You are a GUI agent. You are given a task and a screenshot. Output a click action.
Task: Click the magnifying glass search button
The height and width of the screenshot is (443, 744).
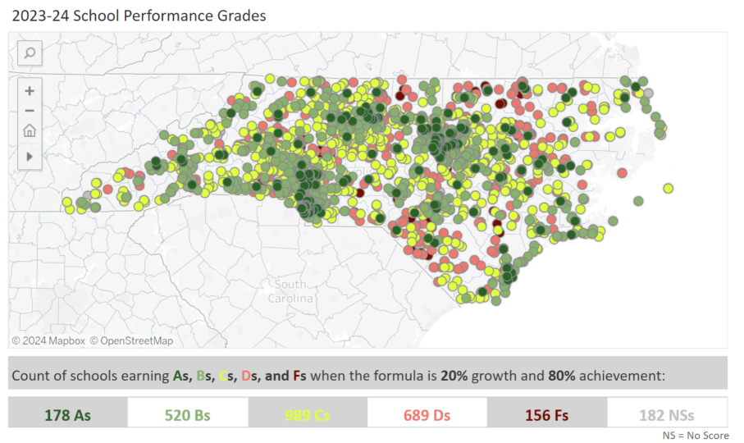point(30,54)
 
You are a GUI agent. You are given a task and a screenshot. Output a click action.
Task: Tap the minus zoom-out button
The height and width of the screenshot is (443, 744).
point(30,111)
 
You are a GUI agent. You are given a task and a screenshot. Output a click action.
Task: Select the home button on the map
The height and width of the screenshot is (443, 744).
point(30,131)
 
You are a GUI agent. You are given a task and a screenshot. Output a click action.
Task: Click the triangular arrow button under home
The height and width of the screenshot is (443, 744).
point(30,155)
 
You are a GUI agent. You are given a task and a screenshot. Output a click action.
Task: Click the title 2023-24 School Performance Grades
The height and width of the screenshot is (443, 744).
point(139,16)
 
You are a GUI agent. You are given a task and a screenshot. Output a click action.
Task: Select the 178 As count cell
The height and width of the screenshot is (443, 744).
point(68,414)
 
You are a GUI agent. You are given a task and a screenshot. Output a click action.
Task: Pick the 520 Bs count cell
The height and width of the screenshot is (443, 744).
point(187,414)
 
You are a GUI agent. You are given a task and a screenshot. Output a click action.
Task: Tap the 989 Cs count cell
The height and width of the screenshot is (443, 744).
point(307,414)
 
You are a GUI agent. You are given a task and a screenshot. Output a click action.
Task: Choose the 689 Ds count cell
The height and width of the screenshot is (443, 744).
point(427,414)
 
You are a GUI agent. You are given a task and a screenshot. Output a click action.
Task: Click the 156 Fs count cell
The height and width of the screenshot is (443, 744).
point(546,414)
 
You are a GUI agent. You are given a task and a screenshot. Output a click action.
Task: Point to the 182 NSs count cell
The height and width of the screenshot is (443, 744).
point(667,414)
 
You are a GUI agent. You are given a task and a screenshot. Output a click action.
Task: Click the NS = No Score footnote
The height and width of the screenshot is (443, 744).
point(694,435)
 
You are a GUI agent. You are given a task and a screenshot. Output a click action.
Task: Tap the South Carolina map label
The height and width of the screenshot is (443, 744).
point(290,291)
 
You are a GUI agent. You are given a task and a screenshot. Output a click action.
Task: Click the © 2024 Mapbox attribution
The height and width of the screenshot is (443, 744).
point(48,340)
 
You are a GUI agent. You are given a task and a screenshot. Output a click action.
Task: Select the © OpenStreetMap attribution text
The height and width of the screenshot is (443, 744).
point(131,340)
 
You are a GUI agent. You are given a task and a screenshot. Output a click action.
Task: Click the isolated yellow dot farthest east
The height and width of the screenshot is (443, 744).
point(669,188)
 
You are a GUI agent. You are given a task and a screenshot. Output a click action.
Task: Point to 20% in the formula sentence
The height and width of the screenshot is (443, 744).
point(454,377)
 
